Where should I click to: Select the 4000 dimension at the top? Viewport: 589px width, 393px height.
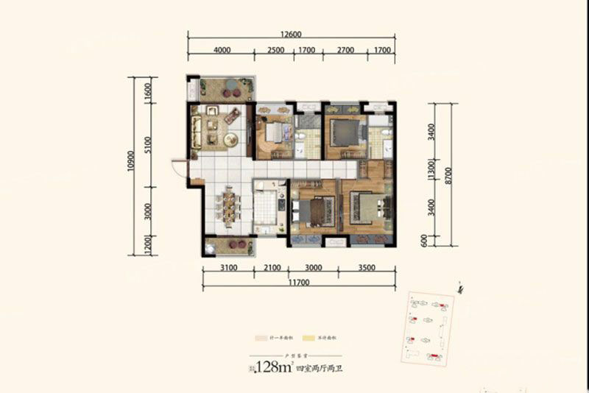coord(222,50)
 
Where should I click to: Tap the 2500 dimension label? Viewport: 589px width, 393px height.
coord(276,50)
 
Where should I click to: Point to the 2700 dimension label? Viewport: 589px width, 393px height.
coord(345,50)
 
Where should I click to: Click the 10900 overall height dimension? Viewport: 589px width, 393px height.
coord(130,166)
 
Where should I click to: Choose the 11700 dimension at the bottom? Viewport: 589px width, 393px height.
coord(298,282)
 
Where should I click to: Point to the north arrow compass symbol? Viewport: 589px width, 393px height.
coord(460,288)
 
